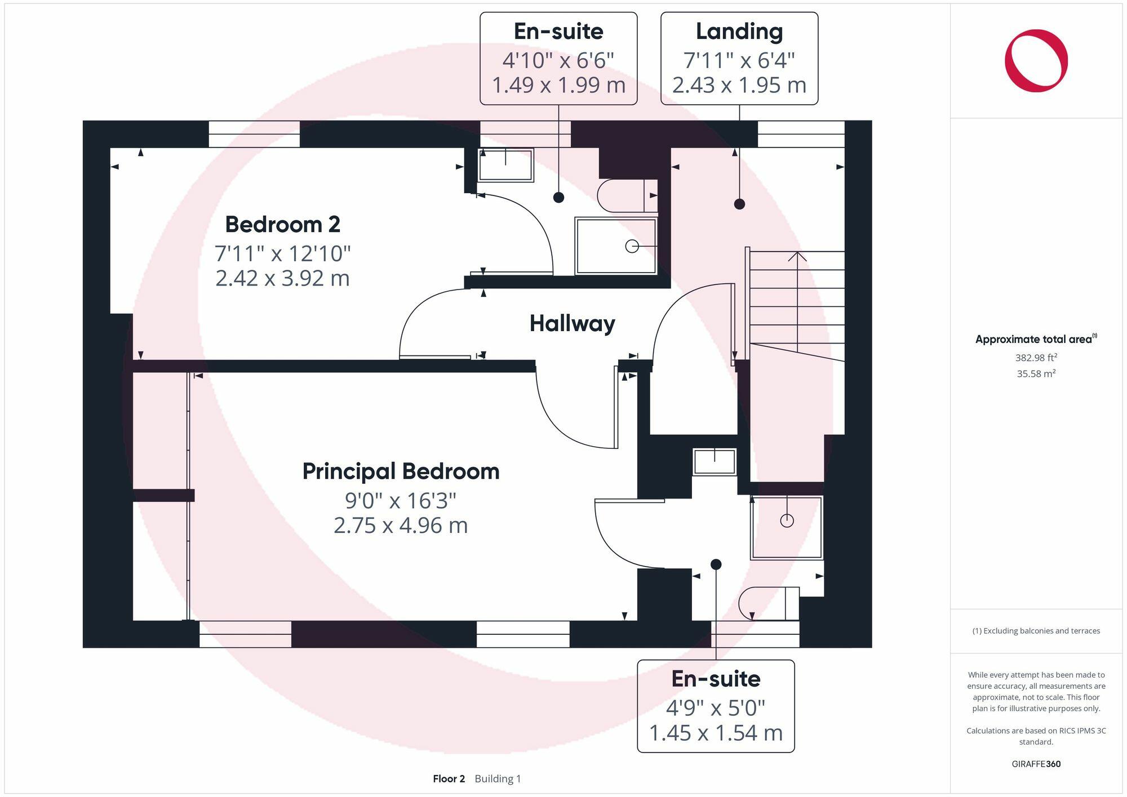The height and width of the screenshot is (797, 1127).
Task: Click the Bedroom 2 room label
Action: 282,225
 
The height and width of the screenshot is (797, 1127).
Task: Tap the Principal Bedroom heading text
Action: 401,471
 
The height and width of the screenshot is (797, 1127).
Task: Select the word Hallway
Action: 572,323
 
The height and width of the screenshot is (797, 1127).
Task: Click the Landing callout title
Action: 739,32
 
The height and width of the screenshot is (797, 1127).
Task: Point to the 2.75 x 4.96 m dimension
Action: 401,526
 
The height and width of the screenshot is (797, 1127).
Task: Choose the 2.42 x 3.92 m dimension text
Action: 282,278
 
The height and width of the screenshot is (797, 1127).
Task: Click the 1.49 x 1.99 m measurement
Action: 558,85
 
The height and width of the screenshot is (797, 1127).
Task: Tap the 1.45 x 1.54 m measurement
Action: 716,733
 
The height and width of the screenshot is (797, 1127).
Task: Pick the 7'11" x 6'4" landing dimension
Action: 739,60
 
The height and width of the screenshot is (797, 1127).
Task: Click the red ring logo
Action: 1036,61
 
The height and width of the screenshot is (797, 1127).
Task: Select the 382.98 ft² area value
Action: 1036,358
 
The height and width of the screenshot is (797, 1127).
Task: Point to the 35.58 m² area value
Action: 1036,373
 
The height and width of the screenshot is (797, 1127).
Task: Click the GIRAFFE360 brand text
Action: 1036,764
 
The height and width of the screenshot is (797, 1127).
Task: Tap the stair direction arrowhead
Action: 797,256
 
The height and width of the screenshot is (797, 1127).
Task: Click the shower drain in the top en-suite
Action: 632,246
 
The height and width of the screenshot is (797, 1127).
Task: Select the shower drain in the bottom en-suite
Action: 787,520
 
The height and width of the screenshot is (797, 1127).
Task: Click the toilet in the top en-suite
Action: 625,195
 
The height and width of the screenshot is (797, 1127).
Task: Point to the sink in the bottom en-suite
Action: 714,462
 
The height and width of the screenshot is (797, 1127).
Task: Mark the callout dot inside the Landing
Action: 739,204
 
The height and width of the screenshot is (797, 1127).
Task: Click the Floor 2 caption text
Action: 449,778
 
